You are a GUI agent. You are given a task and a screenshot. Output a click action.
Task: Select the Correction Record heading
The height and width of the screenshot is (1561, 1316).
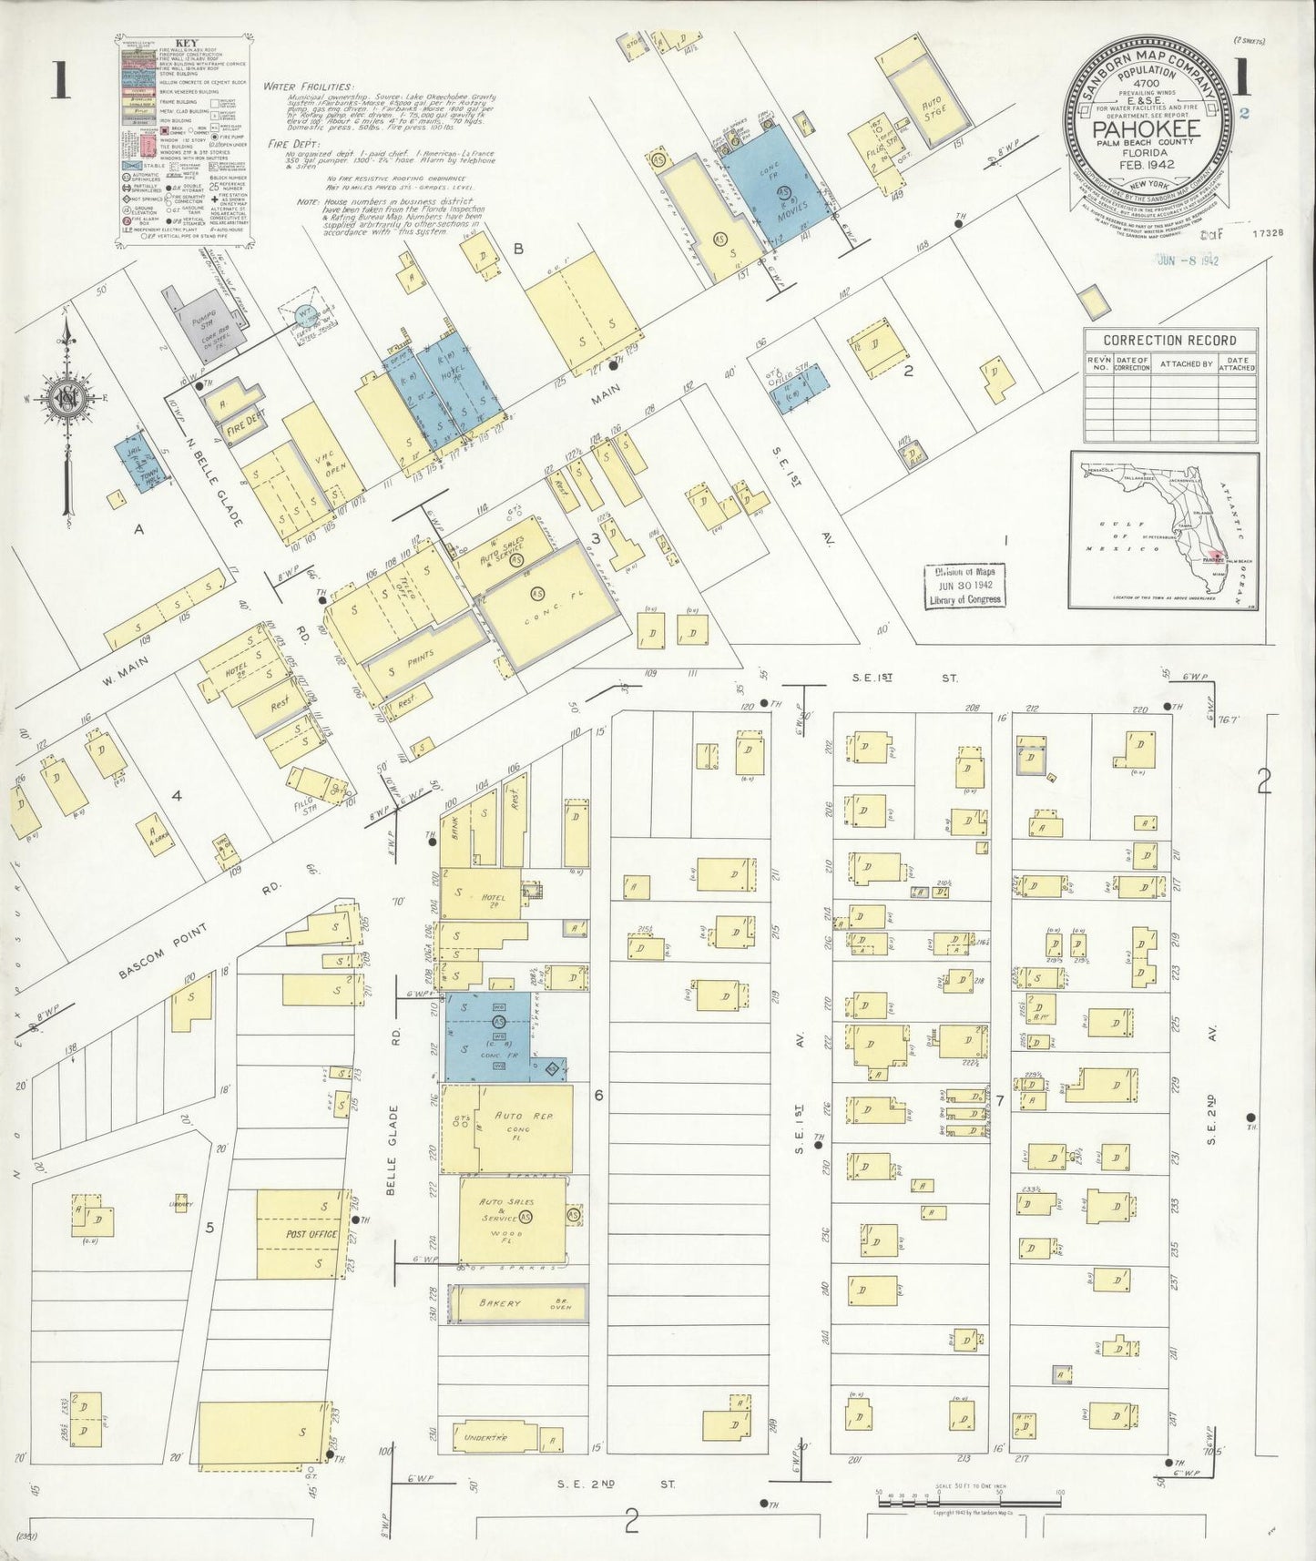(1169, 341)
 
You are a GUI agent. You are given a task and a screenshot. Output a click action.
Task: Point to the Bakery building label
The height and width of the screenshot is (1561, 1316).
(500, 1303)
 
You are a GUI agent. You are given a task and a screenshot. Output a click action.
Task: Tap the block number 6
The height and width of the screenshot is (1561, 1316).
(598, 1096)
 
